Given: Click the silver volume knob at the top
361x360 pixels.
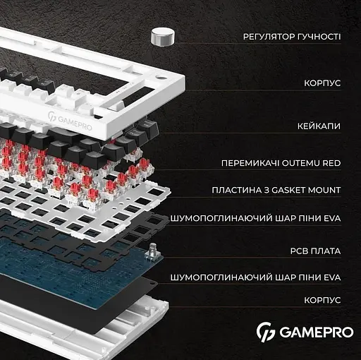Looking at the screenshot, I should click(x=164, y=37).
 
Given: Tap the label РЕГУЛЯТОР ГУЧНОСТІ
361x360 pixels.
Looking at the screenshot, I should click(x=292, y=37).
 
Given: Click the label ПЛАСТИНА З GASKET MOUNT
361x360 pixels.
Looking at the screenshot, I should click(x=276, y=191).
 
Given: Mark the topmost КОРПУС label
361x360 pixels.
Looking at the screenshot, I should click(x=322, y=83).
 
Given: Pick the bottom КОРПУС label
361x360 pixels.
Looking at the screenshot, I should click(x=322, y=300).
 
